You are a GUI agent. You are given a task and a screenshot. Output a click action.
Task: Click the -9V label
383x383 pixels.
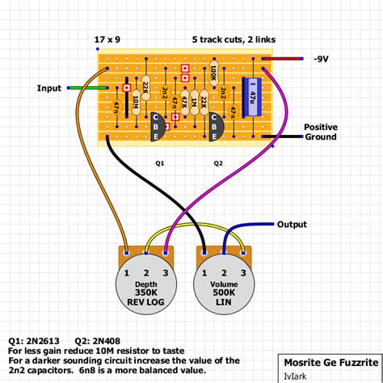point(322,59)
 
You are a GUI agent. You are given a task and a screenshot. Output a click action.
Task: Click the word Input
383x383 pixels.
point(49,87)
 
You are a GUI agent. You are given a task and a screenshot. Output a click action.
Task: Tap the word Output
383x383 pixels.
point(293,224)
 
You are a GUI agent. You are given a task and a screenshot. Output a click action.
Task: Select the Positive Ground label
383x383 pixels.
point(320,133)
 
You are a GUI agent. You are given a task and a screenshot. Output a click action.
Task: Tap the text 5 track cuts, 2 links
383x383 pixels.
point(235,40)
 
